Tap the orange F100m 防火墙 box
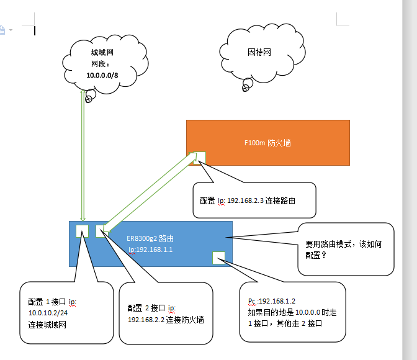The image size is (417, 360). click(x=267, y=143)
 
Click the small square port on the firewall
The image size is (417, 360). click(x=199, y=158)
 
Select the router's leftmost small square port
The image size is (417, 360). click(x=82, y=231)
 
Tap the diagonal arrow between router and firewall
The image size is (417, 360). click(x=149, y=192)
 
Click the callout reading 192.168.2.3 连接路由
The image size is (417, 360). click(x=254, y=200)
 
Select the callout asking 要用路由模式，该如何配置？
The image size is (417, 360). click(x=345, y=249)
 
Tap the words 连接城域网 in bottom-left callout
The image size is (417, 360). click(x=47, y=325)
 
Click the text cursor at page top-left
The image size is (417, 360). click(x=35, y=30)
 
